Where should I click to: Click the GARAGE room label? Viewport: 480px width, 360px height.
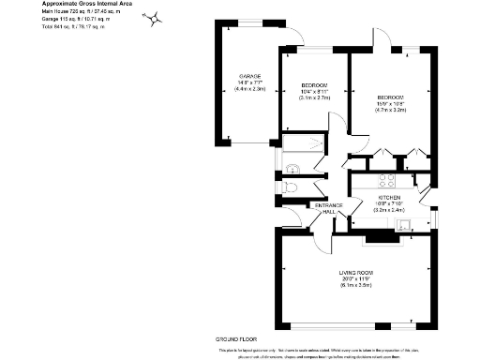click(248, 75)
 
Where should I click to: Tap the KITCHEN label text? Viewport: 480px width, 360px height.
click(389, 198)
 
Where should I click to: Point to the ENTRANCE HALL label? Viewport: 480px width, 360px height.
click(328, 208)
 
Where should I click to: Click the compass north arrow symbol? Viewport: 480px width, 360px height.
click(155, 18)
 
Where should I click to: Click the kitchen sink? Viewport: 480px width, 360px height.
click(428, 223)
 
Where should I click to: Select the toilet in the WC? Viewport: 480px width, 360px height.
click(294, 187)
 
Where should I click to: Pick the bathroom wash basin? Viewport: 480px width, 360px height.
click(292, 170)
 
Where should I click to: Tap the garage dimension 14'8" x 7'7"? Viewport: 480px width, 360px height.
click(248, 84)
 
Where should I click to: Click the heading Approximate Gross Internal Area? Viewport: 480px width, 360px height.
click(85, 4)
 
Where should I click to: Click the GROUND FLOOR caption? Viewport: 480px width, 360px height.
click(236, 337)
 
